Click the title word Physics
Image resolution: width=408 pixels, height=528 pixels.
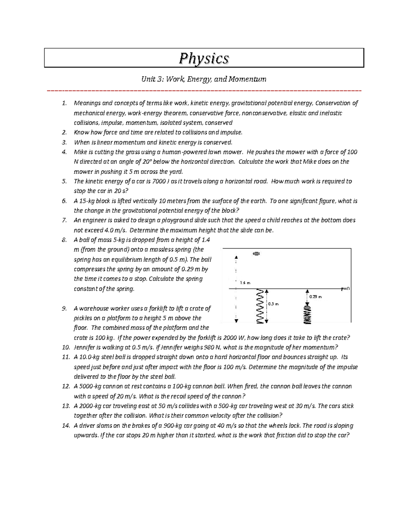(x=204, y=58)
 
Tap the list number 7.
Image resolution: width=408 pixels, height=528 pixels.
(x=64, y=220)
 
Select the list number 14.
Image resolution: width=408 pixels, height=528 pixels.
(x=65, y=426)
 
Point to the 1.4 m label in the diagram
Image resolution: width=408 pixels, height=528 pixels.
(x=245, y=283)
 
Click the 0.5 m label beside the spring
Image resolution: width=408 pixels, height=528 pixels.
(x=273, y=304)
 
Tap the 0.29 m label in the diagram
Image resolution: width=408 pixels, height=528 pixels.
(x=316, y=297)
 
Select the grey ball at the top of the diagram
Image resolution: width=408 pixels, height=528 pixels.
(x=257, y=254)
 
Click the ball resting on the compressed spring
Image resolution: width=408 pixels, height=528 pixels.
(x=307, y=308)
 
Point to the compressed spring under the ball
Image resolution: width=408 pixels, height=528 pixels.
(x=307, y=317)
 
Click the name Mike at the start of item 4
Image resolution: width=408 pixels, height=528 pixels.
(x=80, y=152)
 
